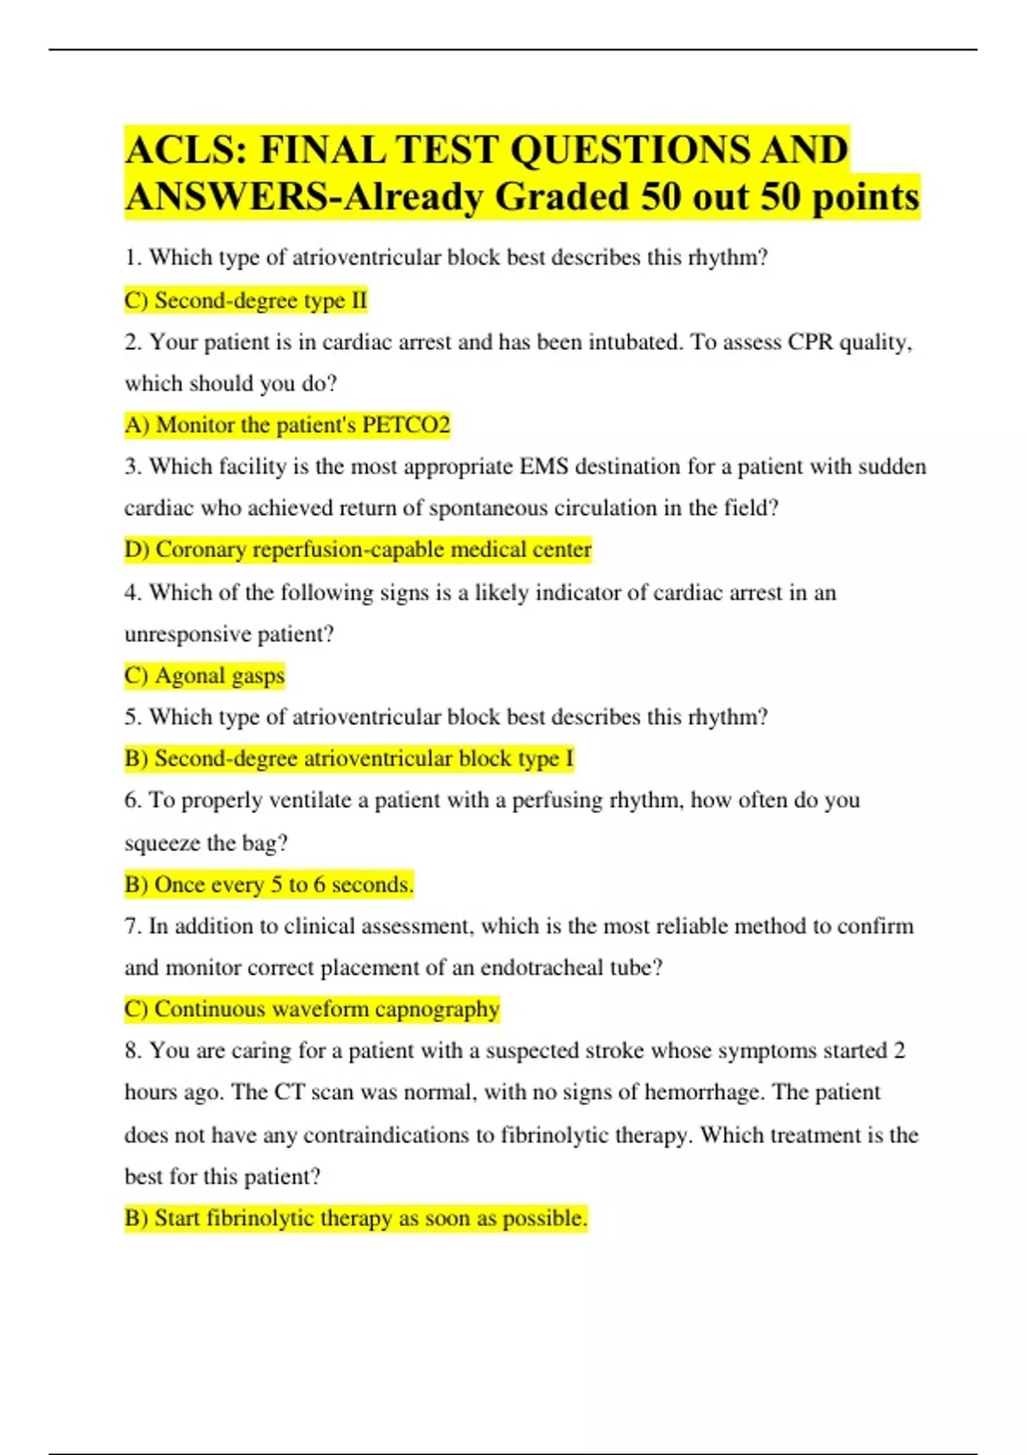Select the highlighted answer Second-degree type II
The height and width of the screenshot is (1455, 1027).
[x=246, y=300]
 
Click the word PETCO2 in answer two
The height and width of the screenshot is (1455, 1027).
[x=406, y=425]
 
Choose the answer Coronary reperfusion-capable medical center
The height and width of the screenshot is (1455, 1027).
[x=358, y=549]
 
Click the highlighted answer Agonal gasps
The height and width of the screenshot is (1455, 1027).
[x=205, y=676]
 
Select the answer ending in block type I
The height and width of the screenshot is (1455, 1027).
[x=349, y=759]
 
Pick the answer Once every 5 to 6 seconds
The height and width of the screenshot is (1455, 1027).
[x=269, y=885]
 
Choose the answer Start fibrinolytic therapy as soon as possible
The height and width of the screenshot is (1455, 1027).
[x=356, y=1218]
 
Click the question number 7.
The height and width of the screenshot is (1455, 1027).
[x=132, y=927]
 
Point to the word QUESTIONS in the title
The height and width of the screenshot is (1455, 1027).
[x=617, y=151]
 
